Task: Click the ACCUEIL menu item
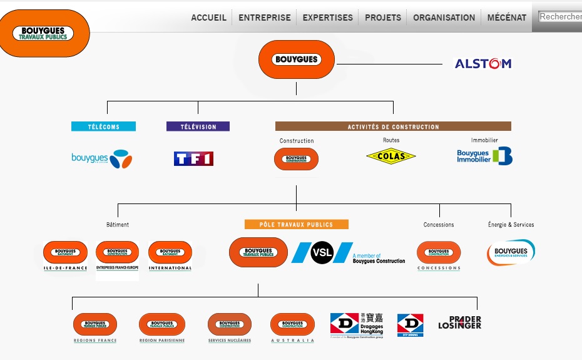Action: (x=208, y=18)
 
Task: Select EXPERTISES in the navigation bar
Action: (x=327, y=18)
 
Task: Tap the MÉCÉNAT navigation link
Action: (x=507, y=18)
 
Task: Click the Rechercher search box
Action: (x=560, y=17)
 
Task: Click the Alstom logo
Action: (x=482, y=63)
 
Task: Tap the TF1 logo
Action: (x=193, y=158)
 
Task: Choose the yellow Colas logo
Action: (x=391, y=157)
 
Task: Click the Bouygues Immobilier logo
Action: (x=484, y=156)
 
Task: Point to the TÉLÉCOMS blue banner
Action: (x=103, y=126)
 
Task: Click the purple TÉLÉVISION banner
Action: (x=198, y=126)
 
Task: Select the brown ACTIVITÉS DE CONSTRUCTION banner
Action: (x=393, y=126)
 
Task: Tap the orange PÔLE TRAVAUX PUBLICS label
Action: (x=296, y=224)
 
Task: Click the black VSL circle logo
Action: (x=322, y=252)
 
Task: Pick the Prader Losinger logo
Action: (x=460, y=322)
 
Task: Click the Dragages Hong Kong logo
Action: (x=357, y=324)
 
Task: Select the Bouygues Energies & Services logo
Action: (x=511, y=252)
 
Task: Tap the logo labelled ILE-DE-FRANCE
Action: (x=65, y=255)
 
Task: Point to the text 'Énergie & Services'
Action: (x=511, y=224)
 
